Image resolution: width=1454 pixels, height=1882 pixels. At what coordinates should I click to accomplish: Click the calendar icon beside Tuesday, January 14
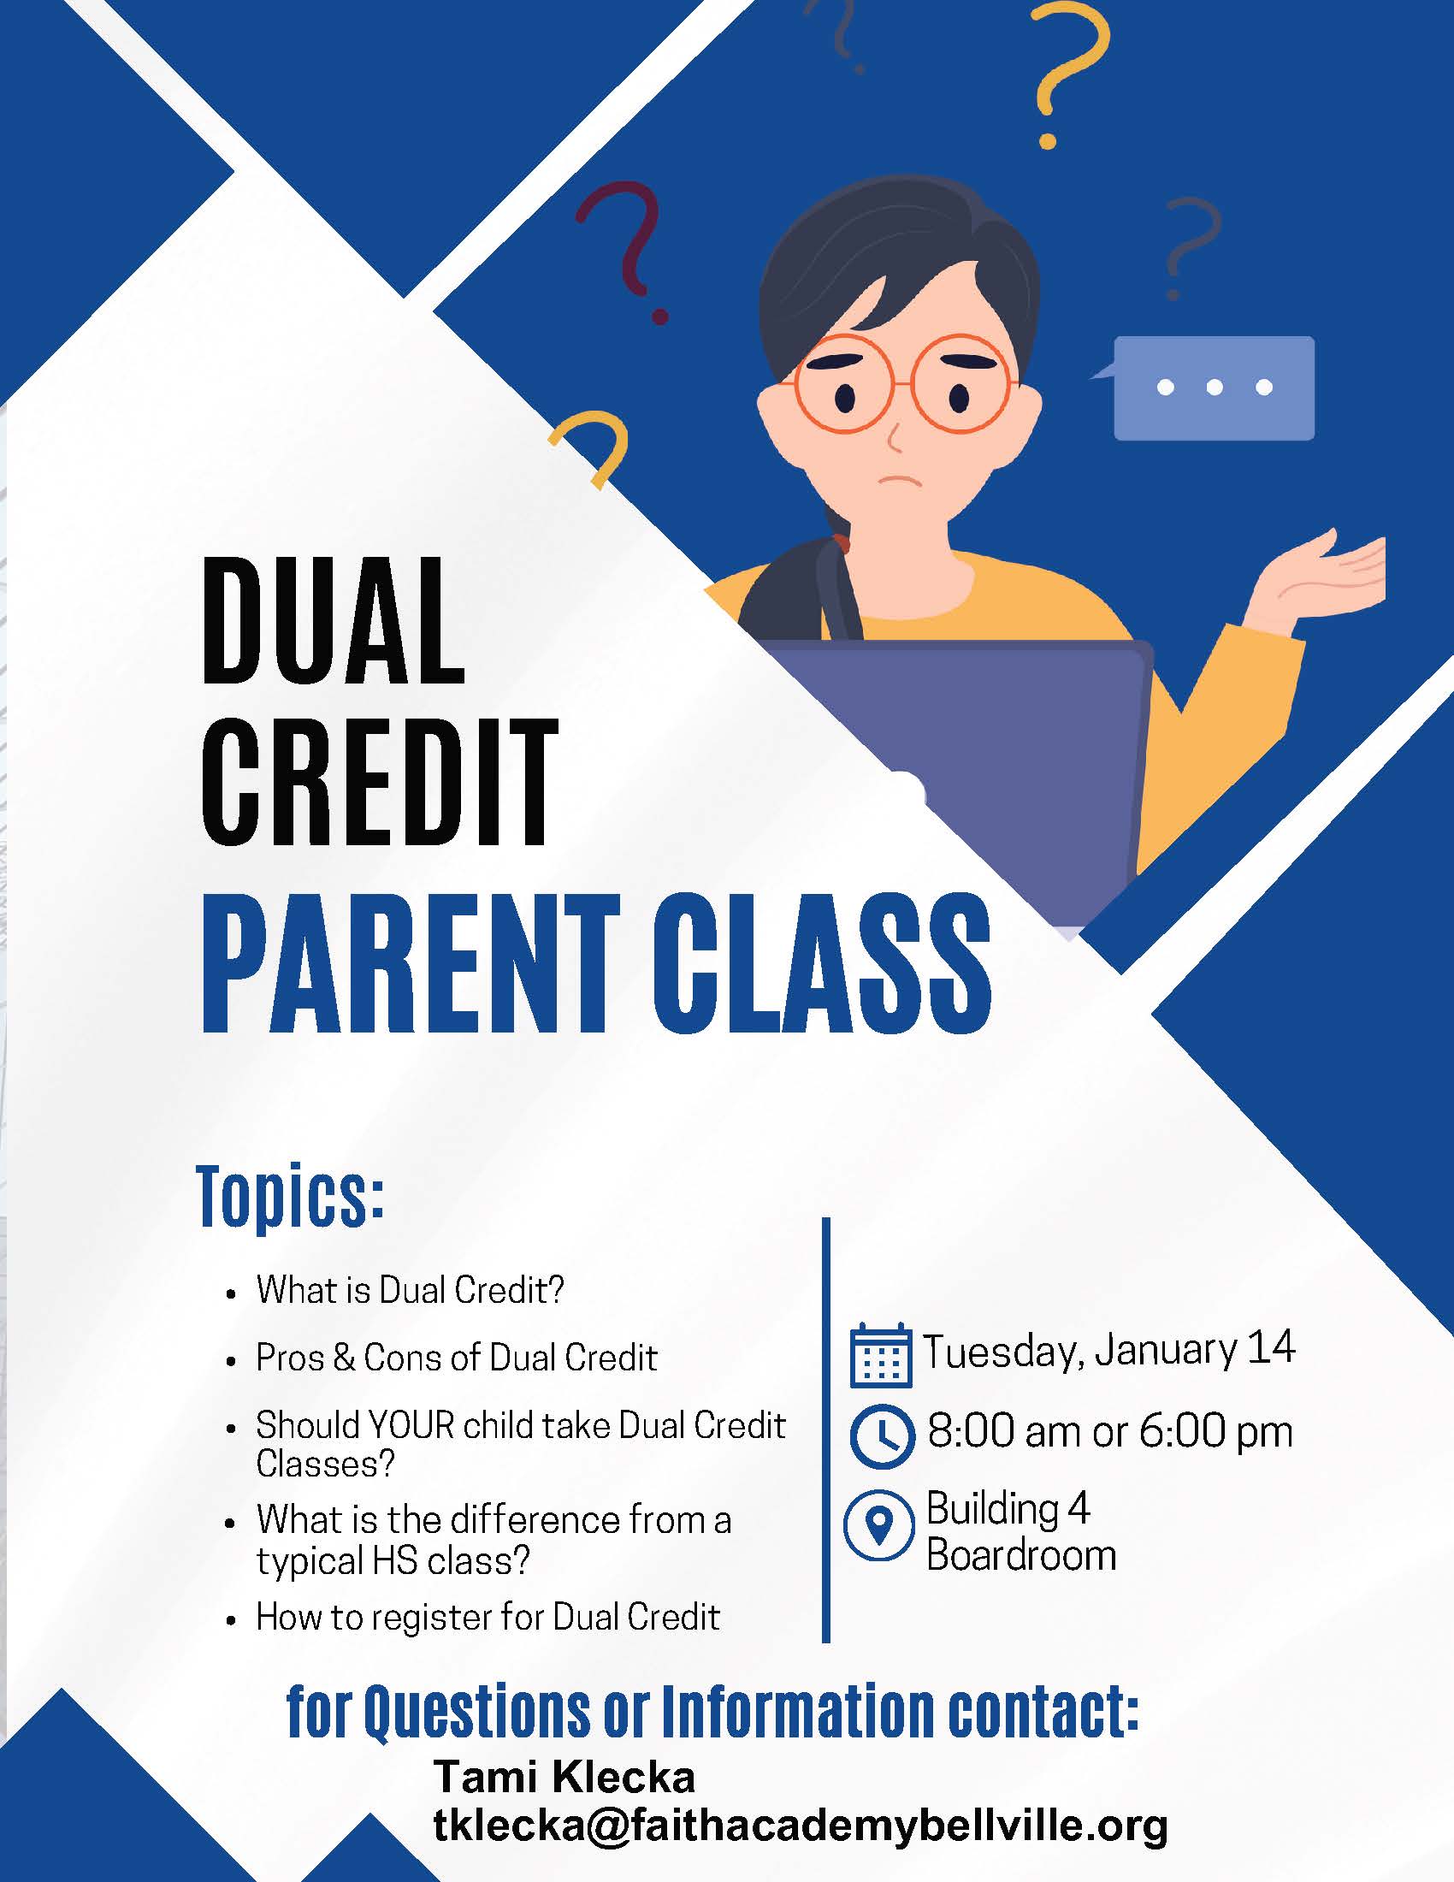point(880,1356)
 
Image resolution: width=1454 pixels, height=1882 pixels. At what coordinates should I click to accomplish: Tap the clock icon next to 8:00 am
point(881,1436)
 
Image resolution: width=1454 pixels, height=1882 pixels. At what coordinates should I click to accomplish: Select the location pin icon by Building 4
point(878,1525)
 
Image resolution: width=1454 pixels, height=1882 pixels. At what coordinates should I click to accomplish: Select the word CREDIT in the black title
point(380,782)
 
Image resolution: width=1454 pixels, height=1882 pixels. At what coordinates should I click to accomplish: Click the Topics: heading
point(289,1198)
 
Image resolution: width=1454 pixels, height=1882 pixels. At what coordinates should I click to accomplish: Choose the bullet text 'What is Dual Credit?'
point(410,1290)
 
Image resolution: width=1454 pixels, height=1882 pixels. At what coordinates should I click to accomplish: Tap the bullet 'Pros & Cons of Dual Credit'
point(457,1358)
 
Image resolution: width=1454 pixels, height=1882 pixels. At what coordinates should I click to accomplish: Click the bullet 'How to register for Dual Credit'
point(488,1618)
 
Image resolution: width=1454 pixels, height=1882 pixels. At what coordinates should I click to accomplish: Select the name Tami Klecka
point(564,1777)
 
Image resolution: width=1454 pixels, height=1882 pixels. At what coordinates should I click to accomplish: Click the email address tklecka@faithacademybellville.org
point(801,1827)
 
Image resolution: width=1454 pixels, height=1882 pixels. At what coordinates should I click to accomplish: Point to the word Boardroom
point(1021,1555)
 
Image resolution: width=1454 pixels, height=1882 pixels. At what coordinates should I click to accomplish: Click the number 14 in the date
point(1270,1347)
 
